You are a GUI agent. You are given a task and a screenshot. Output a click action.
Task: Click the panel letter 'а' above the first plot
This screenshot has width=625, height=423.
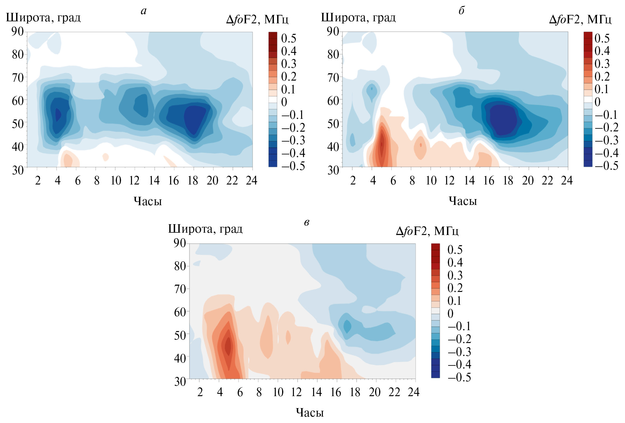144,11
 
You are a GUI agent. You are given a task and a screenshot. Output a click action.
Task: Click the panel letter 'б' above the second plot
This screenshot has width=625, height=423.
461,11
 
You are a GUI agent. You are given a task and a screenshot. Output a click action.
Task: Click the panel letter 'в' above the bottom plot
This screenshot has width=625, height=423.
306,222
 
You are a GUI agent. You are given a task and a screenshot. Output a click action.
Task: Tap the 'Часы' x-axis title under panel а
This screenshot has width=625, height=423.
148,201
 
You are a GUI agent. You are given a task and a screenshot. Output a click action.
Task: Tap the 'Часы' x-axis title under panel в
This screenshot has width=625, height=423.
310,412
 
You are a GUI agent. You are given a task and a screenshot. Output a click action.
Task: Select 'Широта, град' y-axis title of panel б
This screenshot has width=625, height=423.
358,18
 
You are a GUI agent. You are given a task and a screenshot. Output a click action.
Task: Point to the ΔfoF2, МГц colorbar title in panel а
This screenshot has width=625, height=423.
257,20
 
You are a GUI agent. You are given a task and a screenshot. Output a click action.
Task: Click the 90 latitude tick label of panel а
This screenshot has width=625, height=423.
17,31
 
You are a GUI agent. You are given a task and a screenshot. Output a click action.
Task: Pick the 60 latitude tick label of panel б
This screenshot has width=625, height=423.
333,101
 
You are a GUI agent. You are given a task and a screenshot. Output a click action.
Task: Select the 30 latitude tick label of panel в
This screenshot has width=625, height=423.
180,382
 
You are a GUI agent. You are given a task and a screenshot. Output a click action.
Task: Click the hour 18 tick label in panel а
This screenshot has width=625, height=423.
193,181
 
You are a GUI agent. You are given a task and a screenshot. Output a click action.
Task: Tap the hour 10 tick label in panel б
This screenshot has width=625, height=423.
431,181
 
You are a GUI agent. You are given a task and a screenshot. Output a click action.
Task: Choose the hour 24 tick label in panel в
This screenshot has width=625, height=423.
414,392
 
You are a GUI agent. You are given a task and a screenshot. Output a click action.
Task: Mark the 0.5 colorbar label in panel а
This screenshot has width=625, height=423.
289,38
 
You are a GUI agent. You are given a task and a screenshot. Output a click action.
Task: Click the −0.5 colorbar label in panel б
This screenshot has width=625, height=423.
606,166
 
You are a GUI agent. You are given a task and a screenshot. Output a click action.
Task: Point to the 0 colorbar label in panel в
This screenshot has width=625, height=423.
450,314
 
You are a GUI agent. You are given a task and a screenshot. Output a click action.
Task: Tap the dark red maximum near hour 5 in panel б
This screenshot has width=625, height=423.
381,144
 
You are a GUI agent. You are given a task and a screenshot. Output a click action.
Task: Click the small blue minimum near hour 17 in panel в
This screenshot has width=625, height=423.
347,326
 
